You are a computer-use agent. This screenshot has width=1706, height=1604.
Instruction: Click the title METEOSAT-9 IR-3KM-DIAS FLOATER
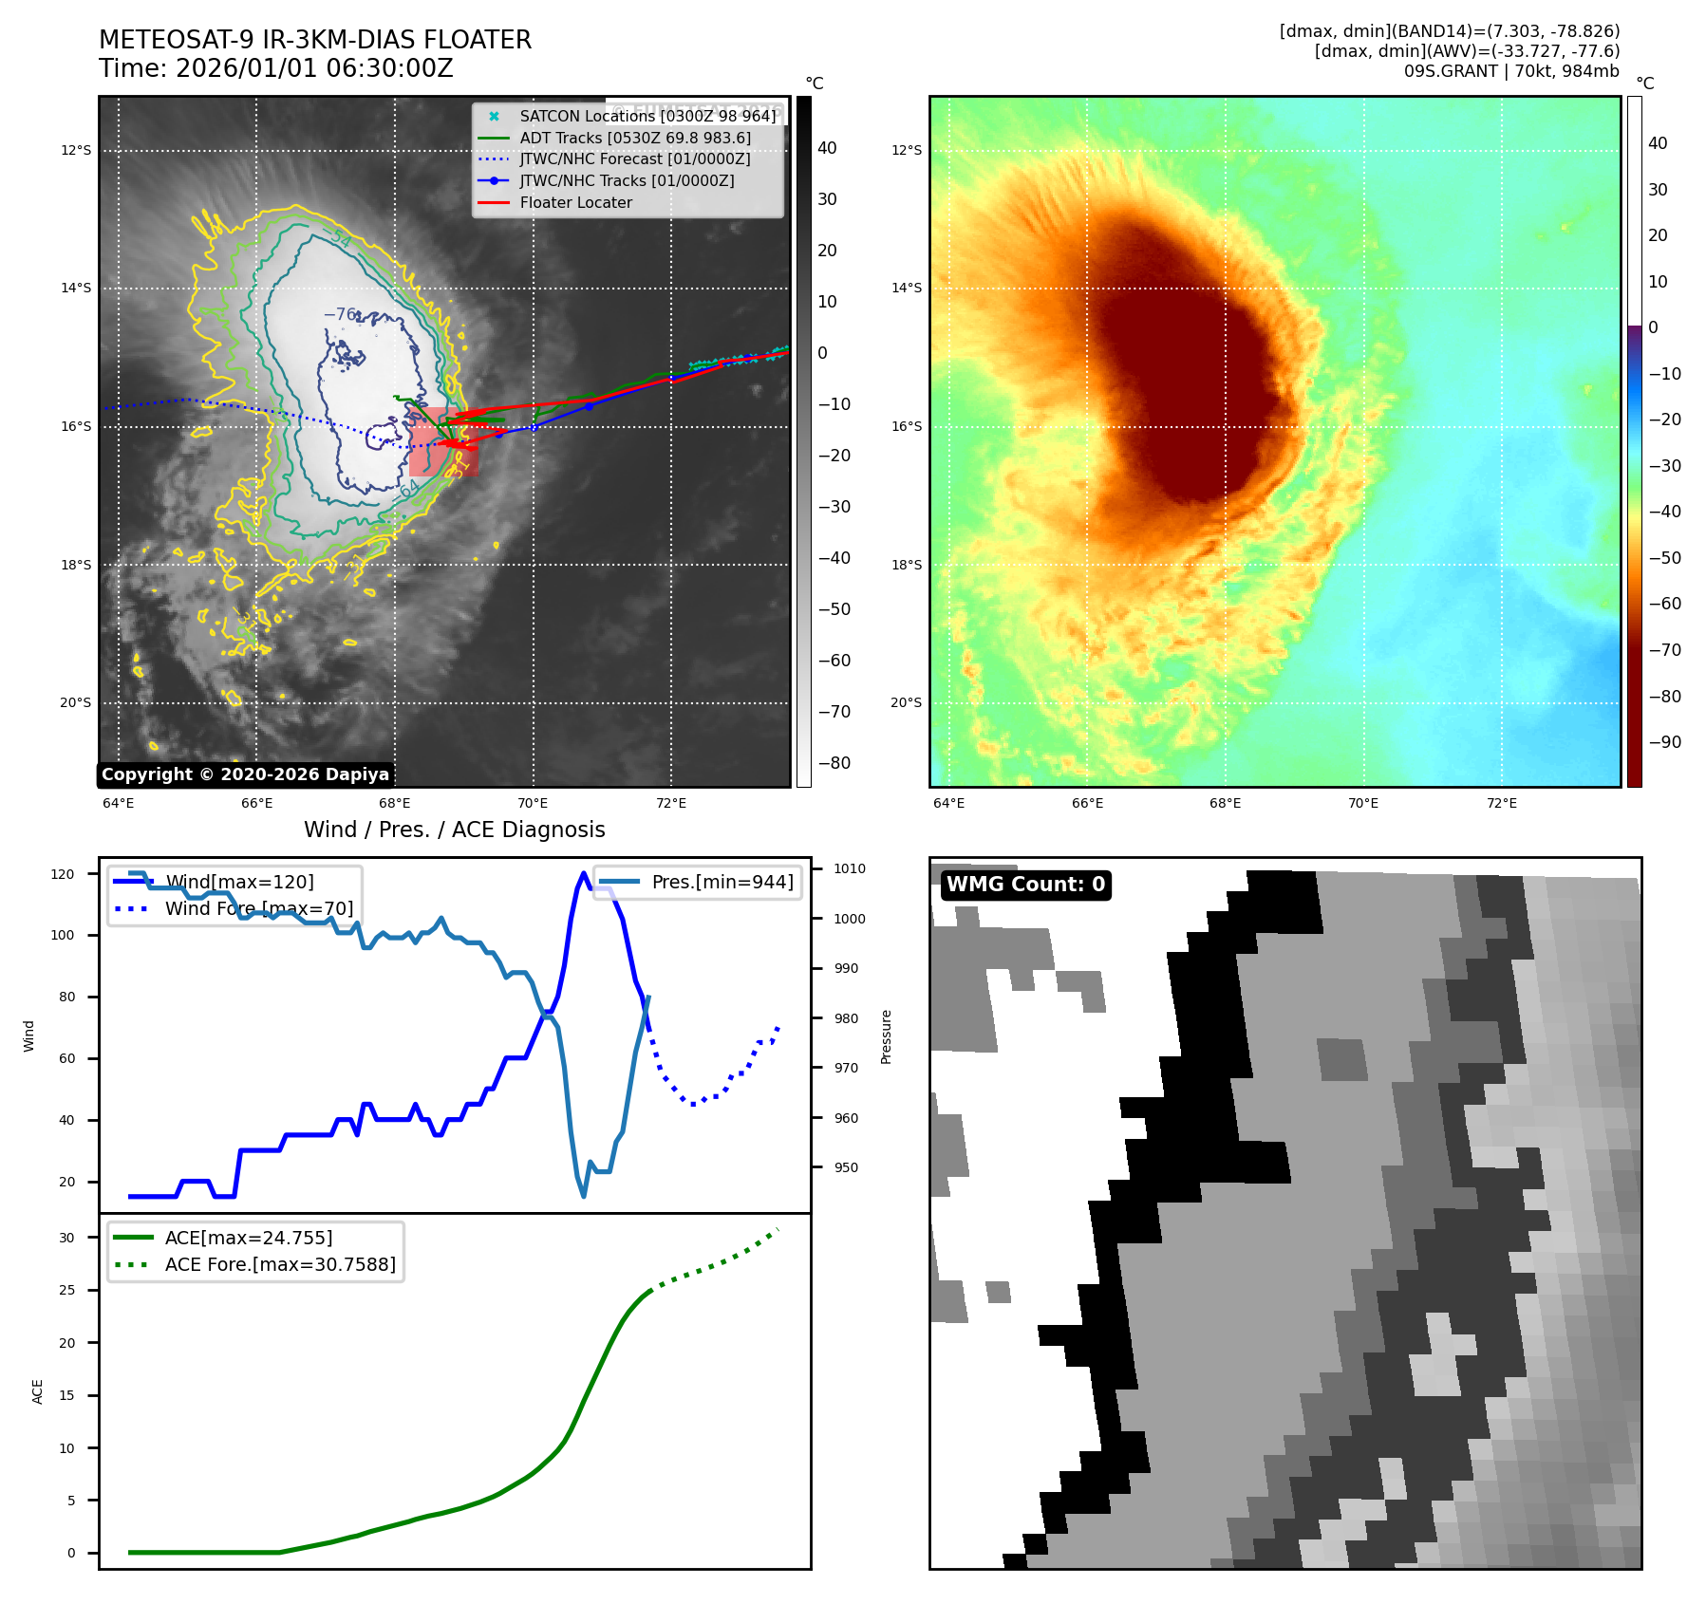315,40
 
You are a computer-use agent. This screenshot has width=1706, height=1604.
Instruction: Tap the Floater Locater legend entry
575,202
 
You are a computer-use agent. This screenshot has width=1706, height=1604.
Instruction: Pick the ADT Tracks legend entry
635,138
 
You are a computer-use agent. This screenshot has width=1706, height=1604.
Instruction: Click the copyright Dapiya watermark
245,774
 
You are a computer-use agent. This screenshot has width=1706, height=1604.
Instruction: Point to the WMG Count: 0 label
1025,885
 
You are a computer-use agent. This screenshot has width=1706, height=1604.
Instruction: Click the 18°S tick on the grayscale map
76,565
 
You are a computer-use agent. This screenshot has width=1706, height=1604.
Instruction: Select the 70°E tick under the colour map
1363,803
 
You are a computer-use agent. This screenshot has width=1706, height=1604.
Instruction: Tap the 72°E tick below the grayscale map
671,803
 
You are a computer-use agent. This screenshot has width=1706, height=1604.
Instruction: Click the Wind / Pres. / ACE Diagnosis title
454,830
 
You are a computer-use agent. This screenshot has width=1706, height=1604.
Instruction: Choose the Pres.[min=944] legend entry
722,882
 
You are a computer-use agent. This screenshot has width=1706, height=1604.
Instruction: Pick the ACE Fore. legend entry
280,1264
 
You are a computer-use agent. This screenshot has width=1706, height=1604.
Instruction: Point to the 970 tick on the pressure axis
846,1068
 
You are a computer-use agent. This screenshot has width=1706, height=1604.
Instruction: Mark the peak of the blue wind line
583,873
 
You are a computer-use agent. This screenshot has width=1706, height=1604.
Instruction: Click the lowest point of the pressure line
583,1196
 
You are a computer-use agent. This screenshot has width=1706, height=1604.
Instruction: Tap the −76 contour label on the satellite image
341,314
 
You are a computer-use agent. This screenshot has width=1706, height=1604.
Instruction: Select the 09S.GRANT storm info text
1511,71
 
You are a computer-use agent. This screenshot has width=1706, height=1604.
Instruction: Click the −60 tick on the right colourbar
1664,604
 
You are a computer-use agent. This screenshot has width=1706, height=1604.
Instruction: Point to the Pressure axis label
886,1036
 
